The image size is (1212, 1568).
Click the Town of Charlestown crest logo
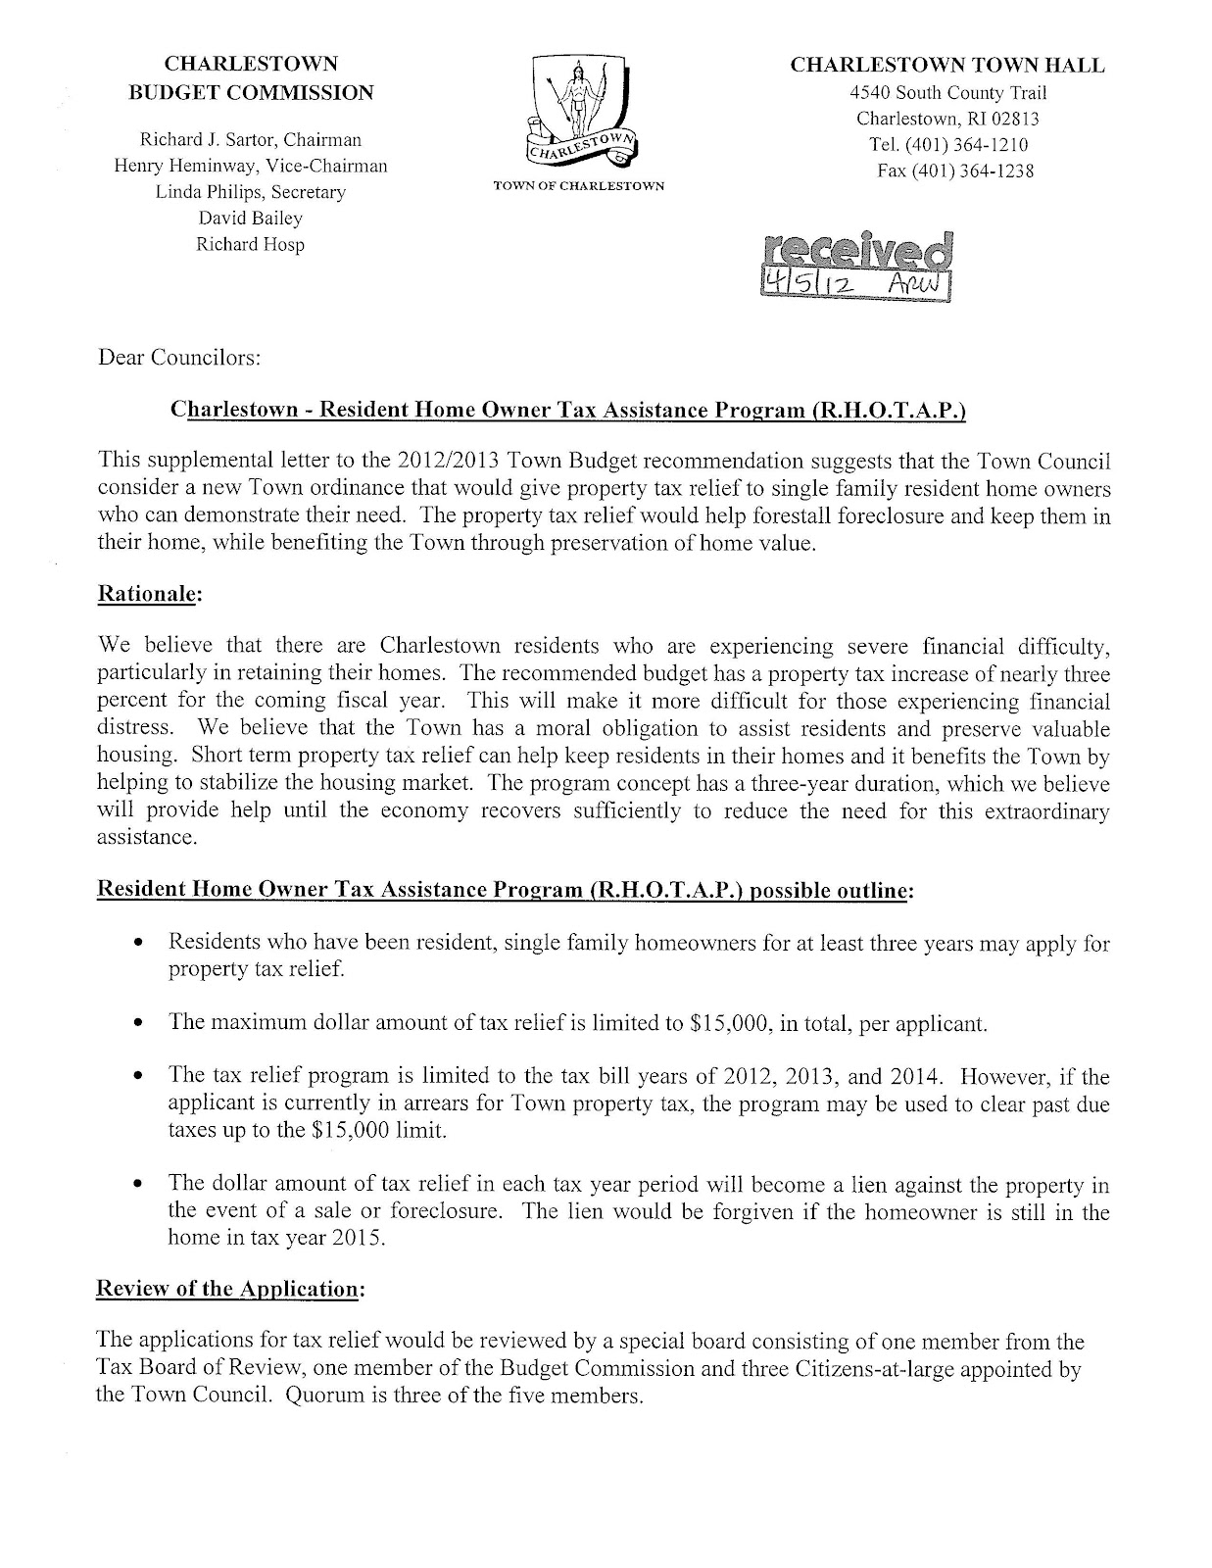pos(582,113)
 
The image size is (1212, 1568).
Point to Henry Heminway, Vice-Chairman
pos(251,166)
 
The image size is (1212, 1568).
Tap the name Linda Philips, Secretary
pos(251,192)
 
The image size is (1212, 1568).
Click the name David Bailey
pos(251,219)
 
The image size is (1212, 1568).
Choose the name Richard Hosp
pos(251,245)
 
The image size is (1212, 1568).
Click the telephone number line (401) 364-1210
pos(947,145)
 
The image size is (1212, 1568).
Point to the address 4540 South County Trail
pos(947,93)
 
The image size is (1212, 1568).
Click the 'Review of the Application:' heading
pos(229,1290)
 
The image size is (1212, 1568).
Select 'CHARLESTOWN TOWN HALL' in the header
pos(947,66)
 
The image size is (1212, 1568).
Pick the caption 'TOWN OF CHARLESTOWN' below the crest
pos(581,186)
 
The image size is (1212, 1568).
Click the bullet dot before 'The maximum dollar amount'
pos(139,1024)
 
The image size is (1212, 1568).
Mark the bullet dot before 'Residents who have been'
pos(139,944)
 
